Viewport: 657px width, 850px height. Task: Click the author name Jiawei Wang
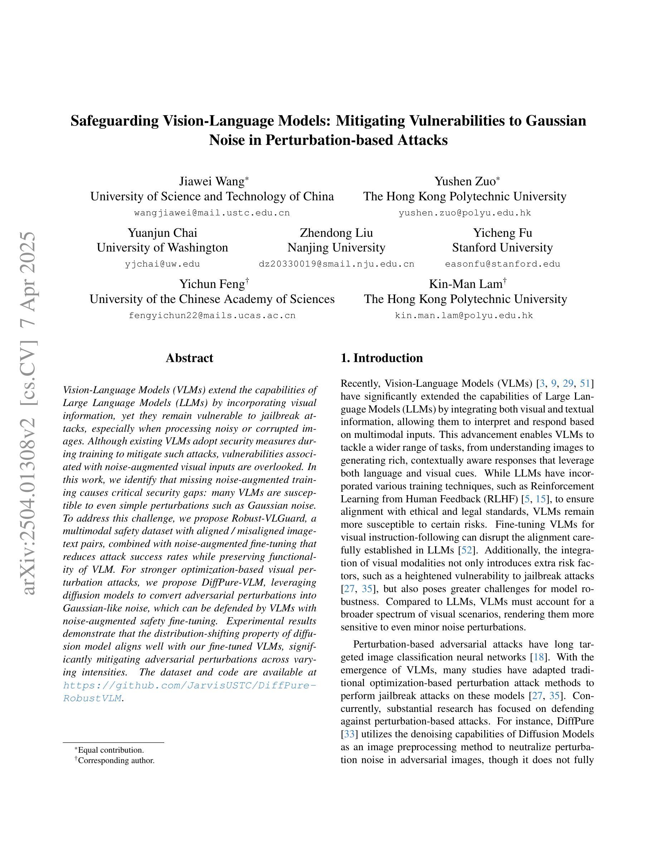(x=211, y=181)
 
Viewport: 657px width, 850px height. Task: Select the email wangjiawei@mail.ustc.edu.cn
(x=212, y=213)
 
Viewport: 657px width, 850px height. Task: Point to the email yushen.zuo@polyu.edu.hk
(x=465, y=213)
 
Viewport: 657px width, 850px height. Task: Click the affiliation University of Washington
(x=162, y=248)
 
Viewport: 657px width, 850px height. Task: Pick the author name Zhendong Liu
(x=336, y=233)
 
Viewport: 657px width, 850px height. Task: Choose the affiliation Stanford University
(x=502, y=248)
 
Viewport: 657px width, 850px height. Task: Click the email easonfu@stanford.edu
(x=502, y=264)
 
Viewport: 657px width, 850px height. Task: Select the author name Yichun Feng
(x=212, y=284)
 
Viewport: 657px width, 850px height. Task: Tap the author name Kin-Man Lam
(x=466, y=284)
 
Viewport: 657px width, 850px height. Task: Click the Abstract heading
(x=189, y=358)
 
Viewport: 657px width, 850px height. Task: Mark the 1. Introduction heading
(x=381, y=358)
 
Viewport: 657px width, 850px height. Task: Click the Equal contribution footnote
(x=111, y=750)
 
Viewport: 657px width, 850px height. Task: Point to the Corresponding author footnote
(x=116, y=760)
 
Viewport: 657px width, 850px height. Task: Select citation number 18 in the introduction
(x=539, y=657)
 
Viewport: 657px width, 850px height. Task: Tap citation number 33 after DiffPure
(x=349, y=734)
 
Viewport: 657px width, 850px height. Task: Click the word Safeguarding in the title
(x=115, y=121)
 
